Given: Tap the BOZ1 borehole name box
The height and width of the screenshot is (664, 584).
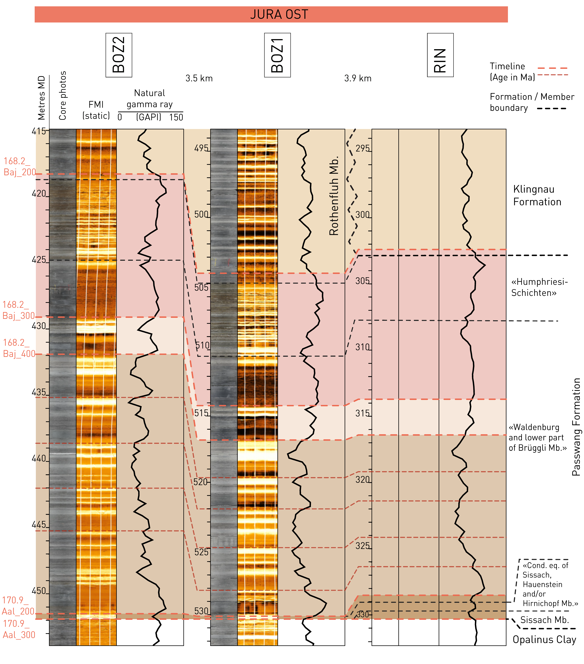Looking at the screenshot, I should [277, 55].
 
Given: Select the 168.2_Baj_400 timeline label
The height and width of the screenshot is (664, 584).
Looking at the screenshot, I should [19, 348].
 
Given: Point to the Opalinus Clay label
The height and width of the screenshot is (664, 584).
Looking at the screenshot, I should [544, 639].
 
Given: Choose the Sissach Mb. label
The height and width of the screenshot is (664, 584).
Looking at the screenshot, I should [544, 620].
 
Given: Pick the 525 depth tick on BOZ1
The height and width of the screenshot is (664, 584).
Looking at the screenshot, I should [201, 552].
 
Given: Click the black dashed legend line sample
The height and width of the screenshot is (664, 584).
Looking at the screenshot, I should [552, 108].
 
